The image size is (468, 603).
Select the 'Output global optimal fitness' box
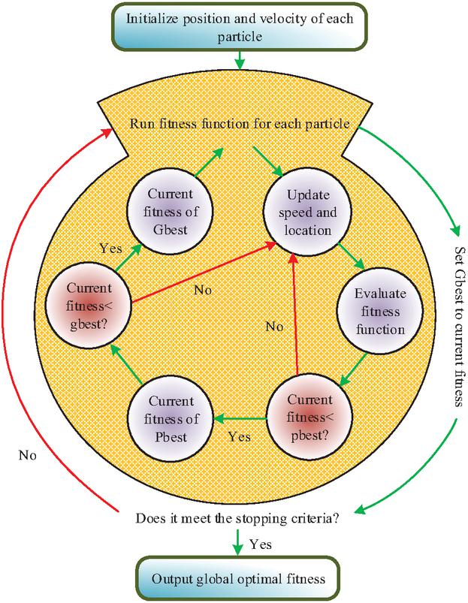pos(237,578)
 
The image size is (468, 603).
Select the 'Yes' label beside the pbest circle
pos(239,435)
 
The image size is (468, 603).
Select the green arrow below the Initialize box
pos(238,58)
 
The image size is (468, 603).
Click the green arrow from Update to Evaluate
pos(352,255)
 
